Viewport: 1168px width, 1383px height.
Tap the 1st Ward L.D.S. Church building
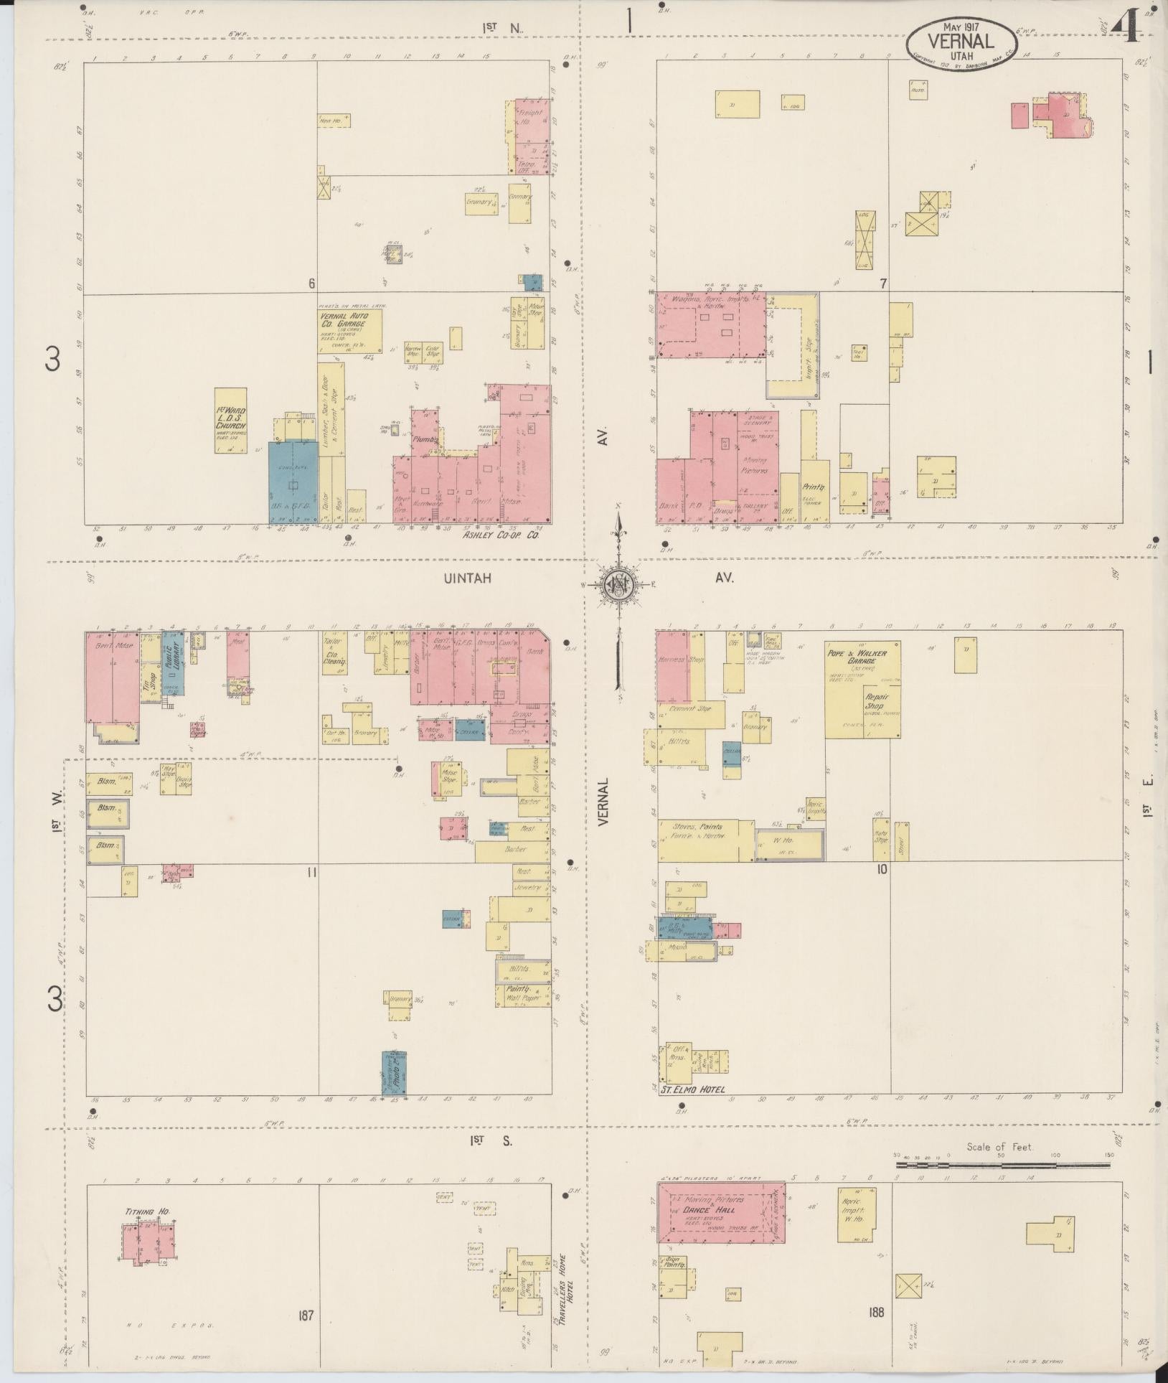231,421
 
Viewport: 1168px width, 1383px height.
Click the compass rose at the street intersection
616,583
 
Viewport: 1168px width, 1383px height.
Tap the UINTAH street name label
466,578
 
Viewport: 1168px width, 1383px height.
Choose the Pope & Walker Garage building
862,689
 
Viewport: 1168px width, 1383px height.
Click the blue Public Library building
173,663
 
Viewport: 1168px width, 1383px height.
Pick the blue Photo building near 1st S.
394,1074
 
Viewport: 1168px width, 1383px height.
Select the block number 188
875,1313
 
